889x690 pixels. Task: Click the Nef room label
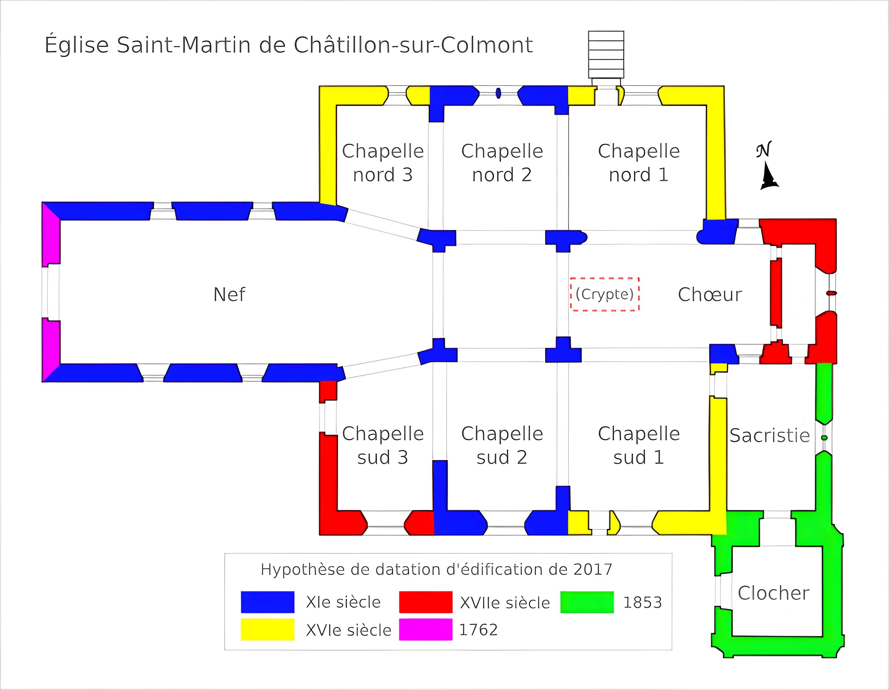click(229, 294)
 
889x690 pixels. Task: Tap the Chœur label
click(710, 294)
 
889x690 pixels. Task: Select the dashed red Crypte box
click(604, 294)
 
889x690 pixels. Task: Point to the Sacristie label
click(769, 436)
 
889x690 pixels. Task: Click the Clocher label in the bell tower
click(773, 593)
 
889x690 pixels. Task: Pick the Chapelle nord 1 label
click(639, 163)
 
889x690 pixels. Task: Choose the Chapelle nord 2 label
click(502, 163)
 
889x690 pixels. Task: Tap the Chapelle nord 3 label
click(383, 163)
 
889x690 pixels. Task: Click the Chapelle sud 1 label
click(639, 445)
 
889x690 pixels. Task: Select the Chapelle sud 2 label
click(502, 445)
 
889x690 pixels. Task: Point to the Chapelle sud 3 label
click(383, 445)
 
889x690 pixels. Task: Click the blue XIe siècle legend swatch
click(267, 602)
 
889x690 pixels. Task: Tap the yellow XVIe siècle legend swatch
click(267, 629)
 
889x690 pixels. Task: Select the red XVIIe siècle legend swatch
click(425, 602)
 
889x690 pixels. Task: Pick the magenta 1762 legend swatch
click(425, 629)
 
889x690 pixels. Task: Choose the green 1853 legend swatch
click(587, 602)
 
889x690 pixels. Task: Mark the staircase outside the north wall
click(606, 55)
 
